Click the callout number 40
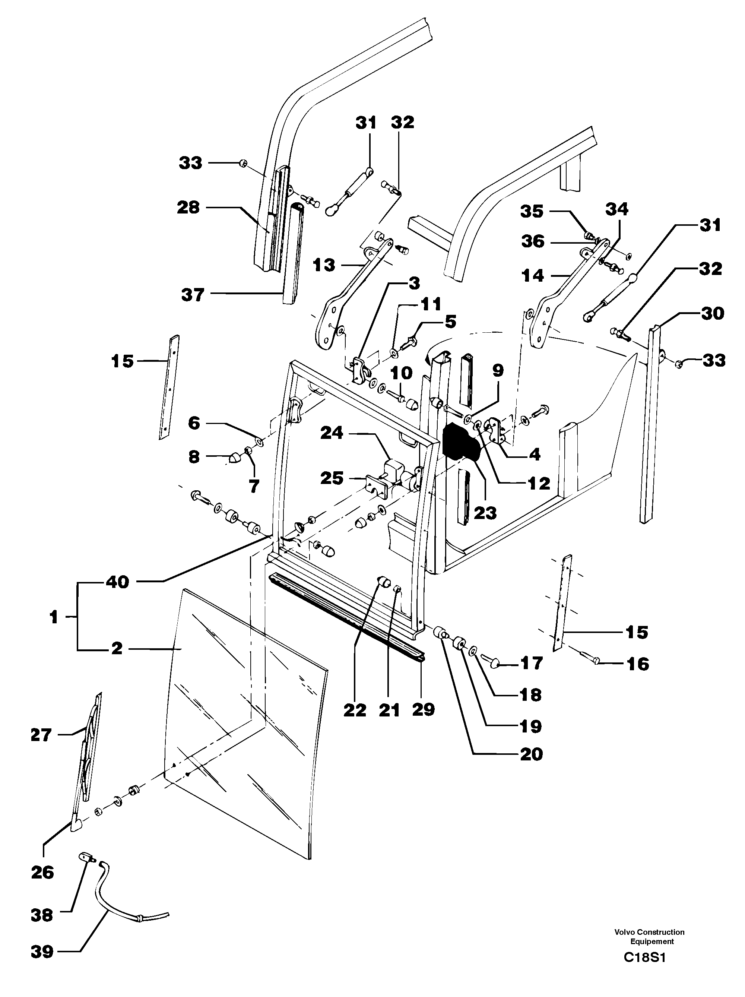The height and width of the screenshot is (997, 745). point(118,582)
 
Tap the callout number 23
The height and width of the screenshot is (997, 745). point(485,513)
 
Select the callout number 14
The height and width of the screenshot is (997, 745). point(533,275)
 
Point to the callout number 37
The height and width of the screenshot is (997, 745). point(193,295)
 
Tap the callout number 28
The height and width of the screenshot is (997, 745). point(188,208)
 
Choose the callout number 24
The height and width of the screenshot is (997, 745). point(332,433)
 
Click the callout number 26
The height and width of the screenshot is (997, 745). point(42,873)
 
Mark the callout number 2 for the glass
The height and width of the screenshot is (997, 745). point(116,649)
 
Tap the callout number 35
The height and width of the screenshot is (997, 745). point(532,211)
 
